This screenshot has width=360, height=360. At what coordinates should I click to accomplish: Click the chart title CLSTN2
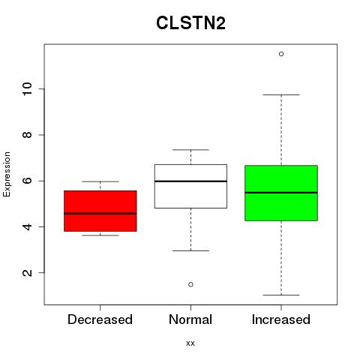pyautogui.click(x=190, y=22)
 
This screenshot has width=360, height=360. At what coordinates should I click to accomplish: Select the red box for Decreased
pyautogui.click(x=100, y=211)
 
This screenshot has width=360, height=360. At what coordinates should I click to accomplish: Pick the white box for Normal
pyautogui.click(x=190, y=186)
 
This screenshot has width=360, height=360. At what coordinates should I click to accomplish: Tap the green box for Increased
pyautogui.click(x=281, y=193)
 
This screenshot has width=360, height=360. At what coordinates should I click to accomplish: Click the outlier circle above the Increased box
pyautogui.click(x=281, y=54)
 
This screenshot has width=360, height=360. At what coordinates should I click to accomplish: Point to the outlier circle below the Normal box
pyautogui.click(x=190, y=284)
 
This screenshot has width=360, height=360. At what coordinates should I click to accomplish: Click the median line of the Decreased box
pyautogui.click(x=100, y=214)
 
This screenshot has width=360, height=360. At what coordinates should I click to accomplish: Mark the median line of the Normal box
pyautogui.click(x=190, y=181)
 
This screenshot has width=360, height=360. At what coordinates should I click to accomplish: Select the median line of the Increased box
pyautogui.click(x=281, y=193)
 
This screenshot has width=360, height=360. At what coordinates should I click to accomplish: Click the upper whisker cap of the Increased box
pyautogui.click(x=281, y=95)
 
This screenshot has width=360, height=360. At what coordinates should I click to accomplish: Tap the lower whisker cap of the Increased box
pyautogui.click(x=281, y=295)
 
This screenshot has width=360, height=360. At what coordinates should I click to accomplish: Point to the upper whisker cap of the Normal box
pyautogui.click(x=190, y=150)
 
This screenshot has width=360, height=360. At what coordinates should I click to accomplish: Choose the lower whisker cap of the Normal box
pyautogui.click(x=190, y=250)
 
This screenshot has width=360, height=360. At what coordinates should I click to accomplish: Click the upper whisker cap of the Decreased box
pyautogui.click(x=100, y=181)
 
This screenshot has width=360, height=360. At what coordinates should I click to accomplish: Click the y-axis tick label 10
pyautogui.click(x=28, y=89)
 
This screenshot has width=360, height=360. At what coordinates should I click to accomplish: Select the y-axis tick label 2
pyautogui.click(x=28, y=273)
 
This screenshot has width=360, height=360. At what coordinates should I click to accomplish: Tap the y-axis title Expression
pyautogui.click(x=7, y=175)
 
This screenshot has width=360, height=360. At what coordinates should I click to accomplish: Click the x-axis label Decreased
pyautogui.click(x=100, y=319)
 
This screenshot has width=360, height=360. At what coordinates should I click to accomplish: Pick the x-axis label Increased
pyautogui.click(x=281, y=319)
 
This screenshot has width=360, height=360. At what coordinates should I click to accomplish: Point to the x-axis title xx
pyautogui.click(x=190, y=343)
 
